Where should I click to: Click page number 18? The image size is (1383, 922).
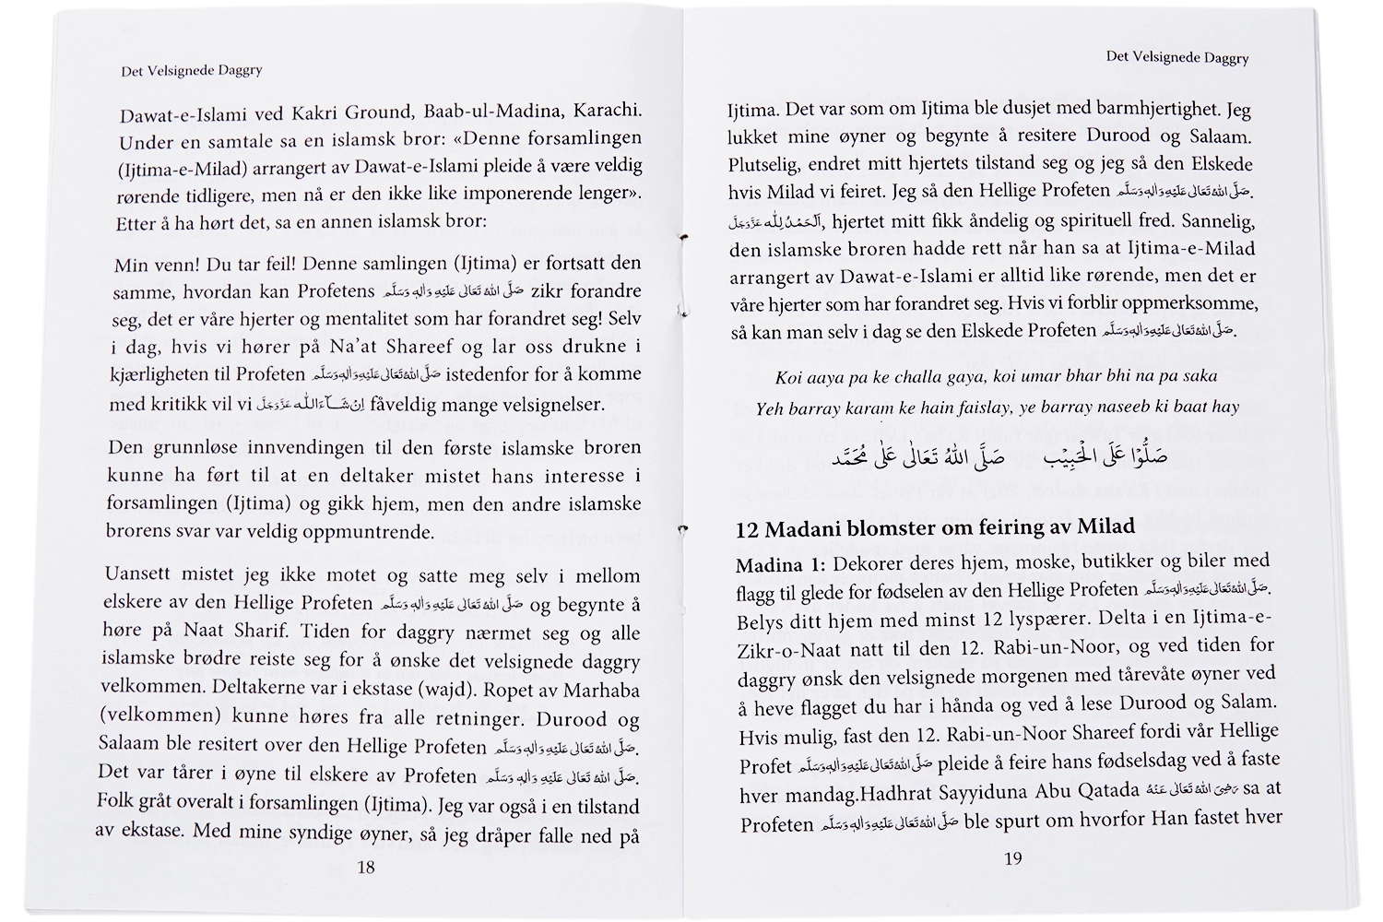pos(366,867)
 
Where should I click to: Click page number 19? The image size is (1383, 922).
pos(1012,858)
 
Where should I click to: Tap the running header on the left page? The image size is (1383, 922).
pos(192,70)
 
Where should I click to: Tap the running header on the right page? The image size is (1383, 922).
pos(1177,57)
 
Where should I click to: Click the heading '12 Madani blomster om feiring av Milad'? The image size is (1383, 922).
pos(935,528)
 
